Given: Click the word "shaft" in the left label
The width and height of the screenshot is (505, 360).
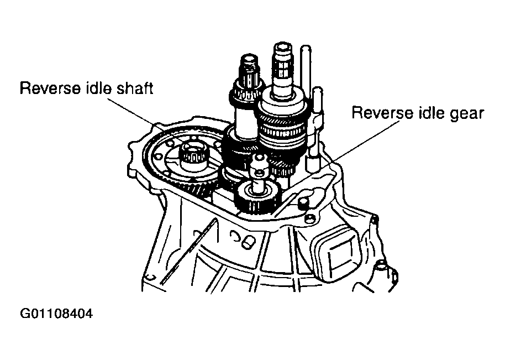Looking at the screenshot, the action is pyautogui.click(x=135, y=88).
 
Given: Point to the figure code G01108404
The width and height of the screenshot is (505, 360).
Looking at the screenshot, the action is pyautogui.click(x=56, y=313).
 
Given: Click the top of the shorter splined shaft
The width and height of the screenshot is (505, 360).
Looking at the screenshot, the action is pyautogui.click(x=250, y=59).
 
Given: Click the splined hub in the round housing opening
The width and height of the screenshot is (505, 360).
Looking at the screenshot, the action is pyautogui.click(x=194, y=156).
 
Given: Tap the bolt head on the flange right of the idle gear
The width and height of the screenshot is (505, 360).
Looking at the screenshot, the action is pyautogui.click(x=303, y=203).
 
